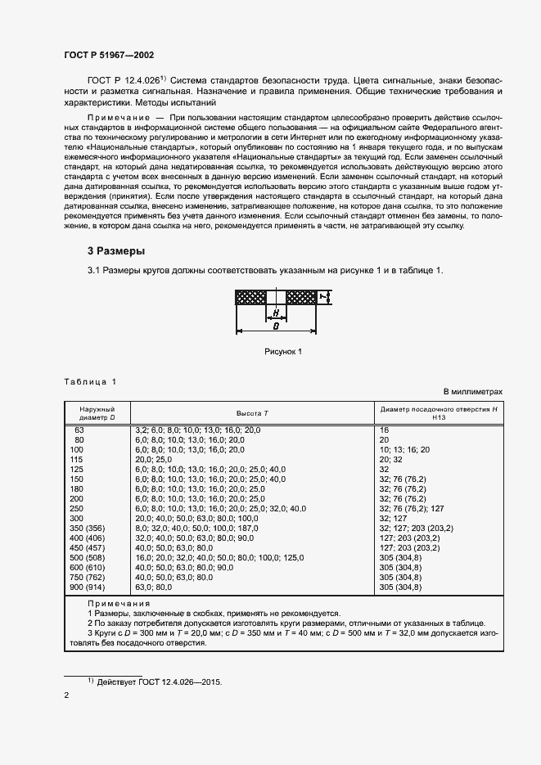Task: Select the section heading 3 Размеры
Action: click(x=117, y=250)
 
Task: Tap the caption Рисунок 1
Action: click(x=283, y=351)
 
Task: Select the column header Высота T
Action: click(x=252, y=413)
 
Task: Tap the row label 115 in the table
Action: click(x=78, y=461)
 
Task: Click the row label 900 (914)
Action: click(x=86, y=587)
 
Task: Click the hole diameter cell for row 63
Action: click(x=384, y=430)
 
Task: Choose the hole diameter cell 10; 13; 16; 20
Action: click(x=403, y=450)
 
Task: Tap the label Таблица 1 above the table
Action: click(x=91, y=382)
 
